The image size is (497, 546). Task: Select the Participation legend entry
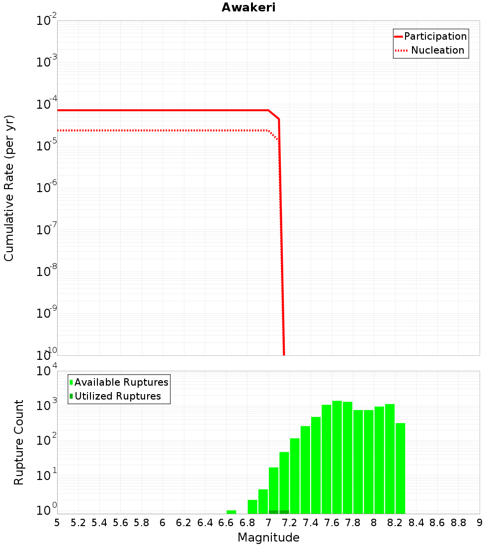[435, 36]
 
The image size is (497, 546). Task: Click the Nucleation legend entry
[437, 50]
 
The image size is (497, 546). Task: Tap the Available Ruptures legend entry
[121, 382]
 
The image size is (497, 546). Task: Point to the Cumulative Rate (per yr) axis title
[9, 188]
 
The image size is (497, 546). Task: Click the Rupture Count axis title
[19, 442]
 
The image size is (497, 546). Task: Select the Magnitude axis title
[268, 537]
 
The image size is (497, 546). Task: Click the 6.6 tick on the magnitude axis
[226, 523]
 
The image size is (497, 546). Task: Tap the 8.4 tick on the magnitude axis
[416, 523]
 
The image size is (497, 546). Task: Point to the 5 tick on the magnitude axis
[57, 523]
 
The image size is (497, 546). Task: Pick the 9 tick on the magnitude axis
[480, 523]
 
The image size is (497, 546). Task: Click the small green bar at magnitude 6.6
[231, 512]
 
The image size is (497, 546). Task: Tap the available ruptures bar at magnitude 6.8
[252, 507]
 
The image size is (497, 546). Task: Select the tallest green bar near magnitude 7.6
[337, 457]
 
